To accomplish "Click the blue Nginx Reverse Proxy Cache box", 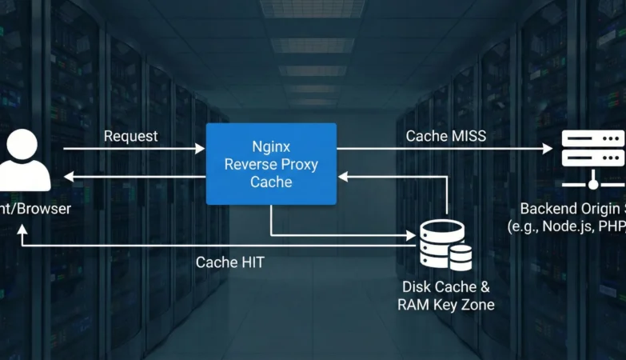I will (271, 164).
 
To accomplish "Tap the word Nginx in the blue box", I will (271, 147).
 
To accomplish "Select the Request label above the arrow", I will (131, 136).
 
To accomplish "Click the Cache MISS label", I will (445, 136).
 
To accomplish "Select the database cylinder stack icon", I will (445, 245).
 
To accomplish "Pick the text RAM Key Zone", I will (445, 305).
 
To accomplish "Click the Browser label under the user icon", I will (44, 209).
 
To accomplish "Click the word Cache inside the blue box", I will (271, 182).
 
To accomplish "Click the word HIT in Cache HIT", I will (249, 262).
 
